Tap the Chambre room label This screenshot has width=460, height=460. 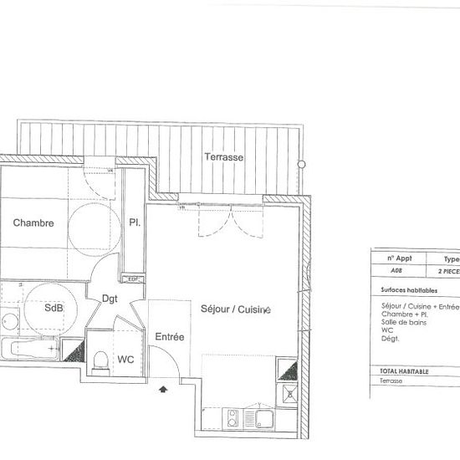33,223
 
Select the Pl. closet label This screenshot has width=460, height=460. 134,223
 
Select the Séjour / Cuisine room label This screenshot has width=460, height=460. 236,309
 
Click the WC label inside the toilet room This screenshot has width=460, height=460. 125,360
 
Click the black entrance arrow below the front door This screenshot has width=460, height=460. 163,387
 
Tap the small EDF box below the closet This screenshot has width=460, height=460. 131,279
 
